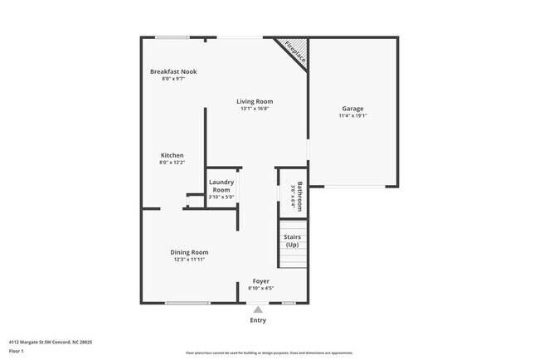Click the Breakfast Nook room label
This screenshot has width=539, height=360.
173,72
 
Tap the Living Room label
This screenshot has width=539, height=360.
255,101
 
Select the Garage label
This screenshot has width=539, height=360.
352,109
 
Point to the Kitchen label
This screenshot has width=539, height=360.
172,155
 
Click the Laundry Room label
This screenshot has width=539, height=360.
221,186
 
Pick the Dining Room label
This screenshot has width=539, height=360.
189,252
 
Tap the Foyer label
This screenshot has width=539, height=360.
261,281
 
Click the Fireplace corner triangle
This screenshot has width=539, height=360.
296,52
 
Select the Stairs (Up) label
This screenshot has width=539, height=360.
292,241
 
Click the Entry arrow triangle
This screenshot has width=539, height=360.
258,309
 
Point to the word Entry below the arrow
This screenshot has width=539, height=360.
258,320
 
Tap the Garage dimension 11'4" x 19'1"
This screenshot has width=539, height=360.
352,116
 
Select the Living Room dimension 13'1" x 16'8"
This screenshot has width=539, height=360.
255,109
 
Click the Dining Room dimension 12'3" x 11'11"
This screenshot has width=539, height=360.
189,260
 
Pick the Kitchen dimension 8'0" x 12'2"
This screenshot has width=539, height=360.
172,163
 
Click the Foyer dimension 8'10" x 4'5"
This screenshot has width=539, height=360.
261,289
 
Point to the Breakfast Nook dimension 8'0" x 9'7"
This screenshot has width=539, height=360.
173,80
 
